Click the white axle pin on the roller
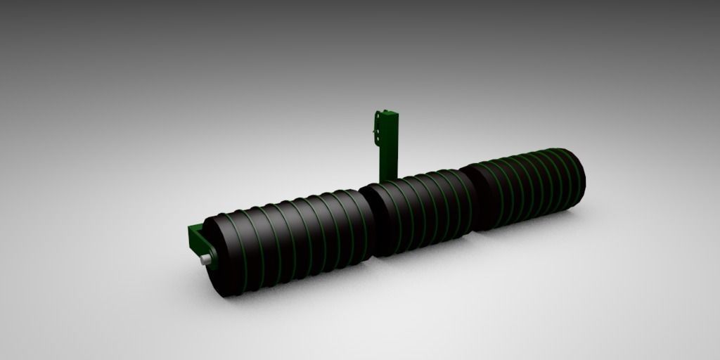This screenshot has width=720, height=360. click(x=205, y=260)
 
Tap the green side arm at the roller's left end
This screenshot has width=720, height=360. click(x=195, y=239)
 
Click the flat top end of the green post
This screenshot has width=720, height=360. click(x=387, y=112)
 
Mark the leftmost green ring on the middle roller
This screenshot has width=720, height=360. click(x=384, y=214)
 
